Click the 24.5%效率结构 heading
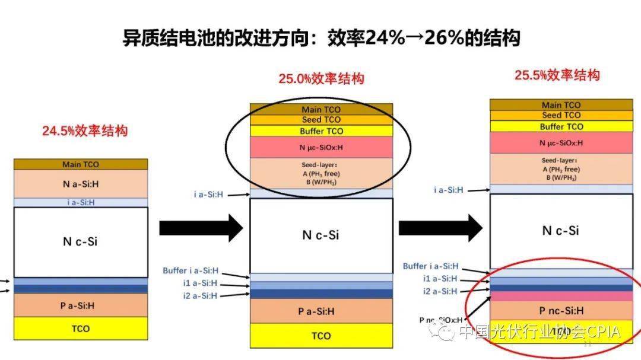pos(84,131)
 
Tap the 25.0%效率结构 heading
pos(321,78)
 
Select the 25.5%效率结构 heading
pos(557,75)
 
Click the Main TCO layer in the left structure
pos(81,164)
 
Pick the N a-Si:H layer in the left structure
pos(81,184)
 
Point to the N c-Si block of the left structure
pos(81,241)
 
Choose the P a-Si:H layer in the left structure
pos(81,305)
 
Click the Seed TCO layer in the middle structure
pos(321,120)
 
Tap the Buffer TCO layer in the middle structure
pos(321,131)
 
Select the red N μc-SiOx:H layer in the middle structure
pos(321,147)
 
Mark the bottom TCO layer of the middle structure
pos(321,336)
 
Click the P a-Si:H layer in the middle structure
pos(321,311)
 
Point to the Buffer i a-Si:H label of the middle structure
pos(191,270)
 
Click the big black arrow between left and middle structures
pos(201,227)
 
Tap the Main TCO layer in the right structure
pos(561,105)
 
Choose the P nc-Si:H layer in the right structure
pos(561,310)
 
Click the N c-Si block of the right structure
pos(561,231)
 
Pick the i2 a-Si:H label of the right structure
pos(440,291)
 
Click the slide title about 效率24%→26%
pos(321,38)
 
